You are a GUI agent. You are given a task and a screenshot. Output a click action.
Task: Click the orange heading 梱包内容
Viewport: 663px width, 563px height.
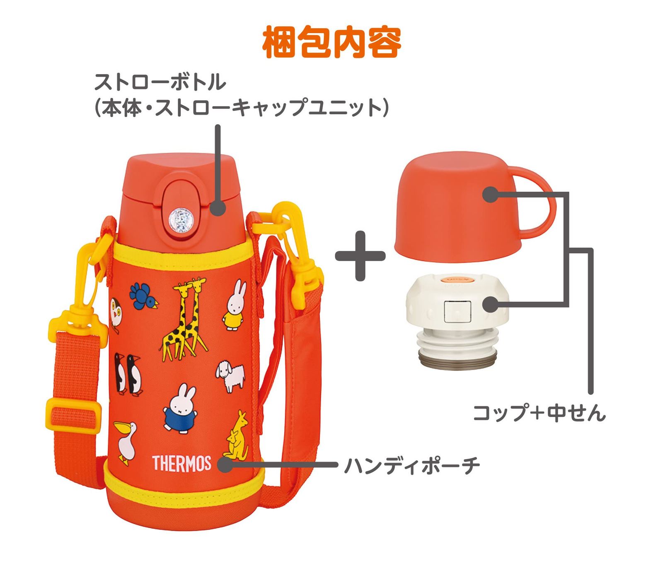[331, 42]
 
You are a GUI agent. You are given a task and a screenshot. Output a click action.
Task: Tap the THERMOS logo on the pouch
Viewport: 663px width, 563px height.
[182, 463]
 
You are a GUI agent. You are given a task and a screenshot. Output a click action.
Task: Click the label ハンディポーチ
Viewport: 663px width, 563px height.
[412, 465]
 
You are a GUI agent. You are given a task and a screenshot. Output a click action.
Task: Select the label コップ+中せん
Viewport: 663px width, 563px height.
[539, 413]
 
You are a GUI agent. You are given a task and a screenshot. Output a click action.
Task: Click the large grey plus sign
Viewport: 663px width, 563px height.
[360, 256]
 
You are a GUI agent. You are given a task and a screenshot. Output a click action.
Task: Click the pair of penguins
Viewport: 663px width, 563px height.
[128, 374]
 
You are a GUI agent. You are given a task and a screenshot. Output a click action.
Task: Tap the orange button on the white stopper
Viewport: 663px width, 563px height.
[457, 280]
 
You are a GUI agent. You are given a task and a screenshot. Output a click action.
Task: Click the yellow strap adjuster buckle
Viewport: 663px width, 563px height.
[73, 414]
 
